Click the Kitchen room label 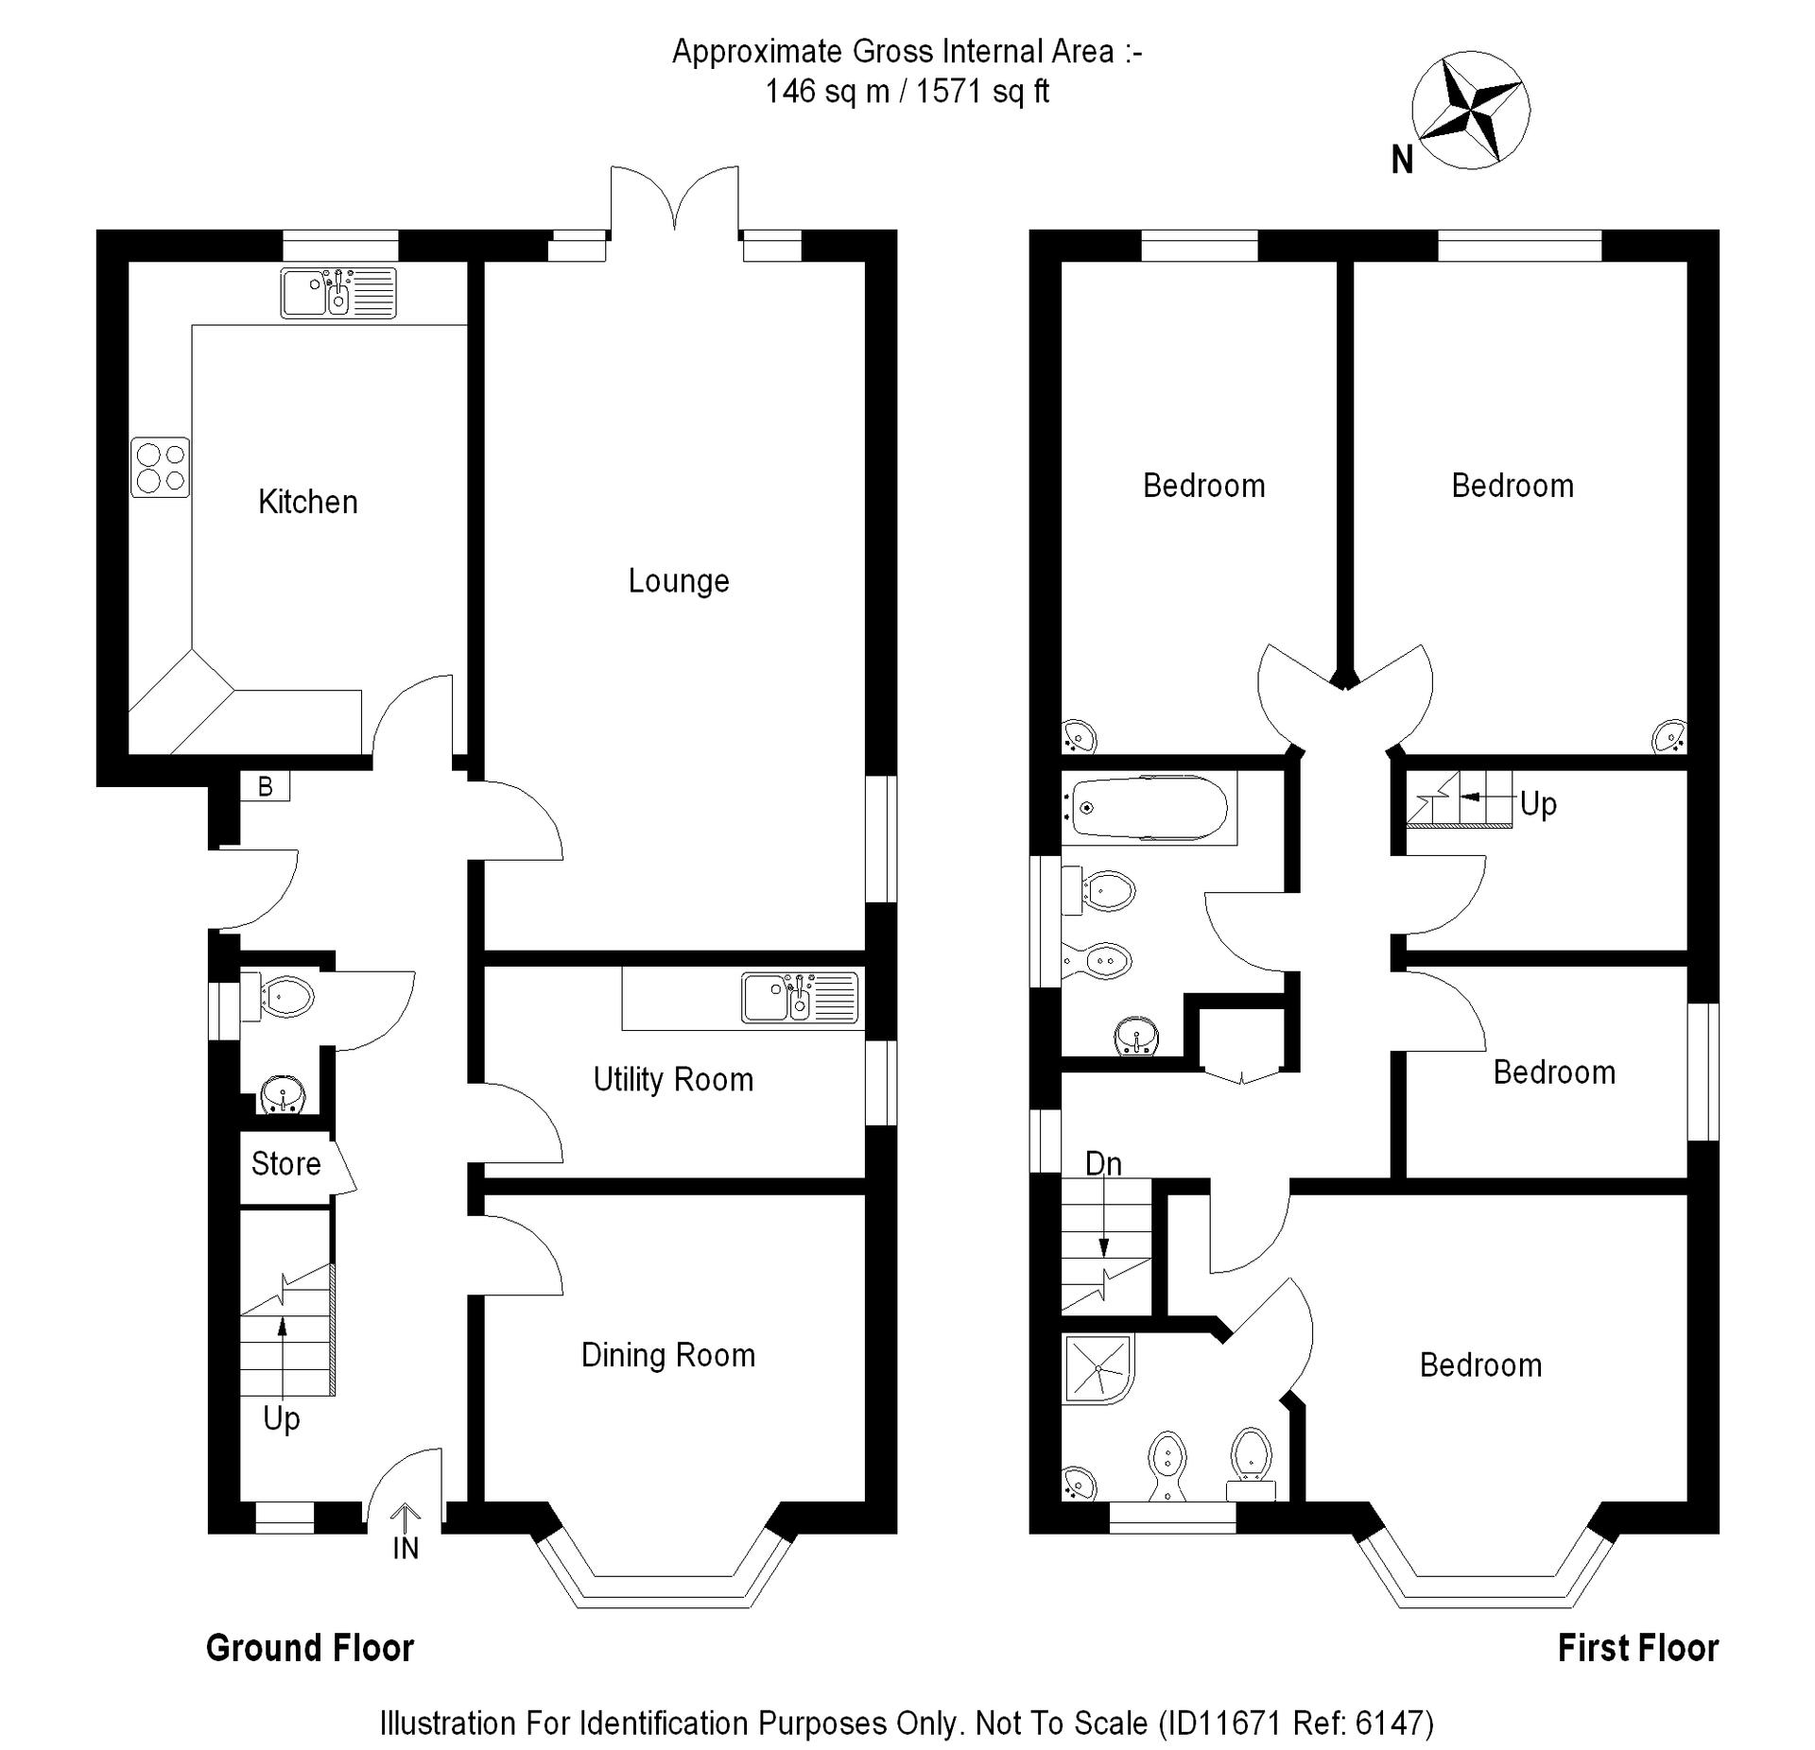[x=308, y=502]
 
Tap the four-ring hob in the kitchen [x=160, y=468]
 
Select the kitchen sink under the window [x=337, y=293]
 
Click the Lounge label [x=679, y=580]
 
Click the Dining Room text [x=667, y=1355]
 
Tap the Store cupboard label [x=285, y=1163]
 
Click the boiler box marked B [x=266, y=786]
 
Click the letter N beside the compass [x=1402, y=161]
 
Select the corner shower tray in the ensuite [x=1098, y=1367]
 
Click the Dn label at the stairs [x=1103, y=1163]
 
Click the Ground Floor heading [x=310, y=1648]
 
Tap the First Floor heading [x=1637, y=1648]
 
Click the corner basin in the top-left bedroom [x=1078, y=734]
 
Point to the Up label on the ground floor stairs [x=282, y=1418]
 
